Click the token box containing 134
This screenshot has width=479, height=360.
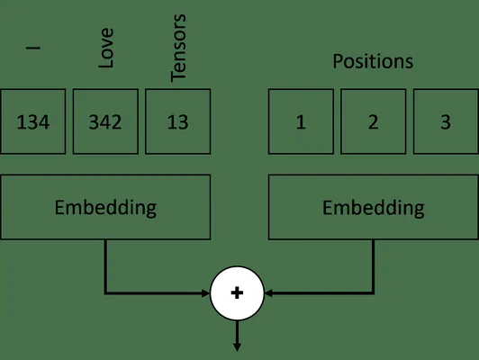tap(33, 121)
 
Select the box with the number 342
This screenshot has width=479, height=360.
tap(105, 121)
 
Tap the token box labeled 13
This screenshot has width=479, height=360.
tap(177, 121)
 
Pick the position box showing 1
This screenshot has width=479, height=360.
tap(301, 121)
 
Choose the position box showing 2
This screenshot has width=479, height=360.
tap(374, 121)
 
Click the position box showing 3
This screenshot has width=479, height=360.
tap(446, 121)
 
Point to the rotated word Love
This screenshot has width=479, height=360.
tap(106, 48)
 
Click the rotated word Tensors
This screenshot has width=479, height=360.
tap(178, 48)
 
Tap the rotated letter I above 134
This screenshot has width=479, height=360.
tap(33, 48)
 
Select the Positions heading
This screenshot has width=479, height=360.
tap(373, 61)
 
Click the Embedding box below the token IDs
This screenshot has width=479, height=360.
tap(105, 207)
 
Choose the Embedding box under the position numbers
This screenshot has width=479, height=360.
tap(374, 207)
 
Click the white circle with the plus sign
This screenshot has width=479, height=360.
tap(237, 293)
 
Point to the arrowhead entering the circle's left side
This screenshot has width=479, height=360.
tap(206, 293)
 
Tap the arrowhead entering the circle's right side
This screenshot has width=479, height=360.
tap(268, 293)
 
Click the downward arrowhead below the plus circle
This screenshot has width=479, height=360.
tap(237, 347)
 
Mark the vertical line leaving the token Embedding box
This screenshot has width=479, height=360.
tap(105, 266)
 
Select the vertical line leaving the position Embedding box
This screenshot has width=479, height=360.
tap(374, 266)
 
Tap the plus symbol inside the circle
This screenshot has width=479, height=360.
tap(237, 293)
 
